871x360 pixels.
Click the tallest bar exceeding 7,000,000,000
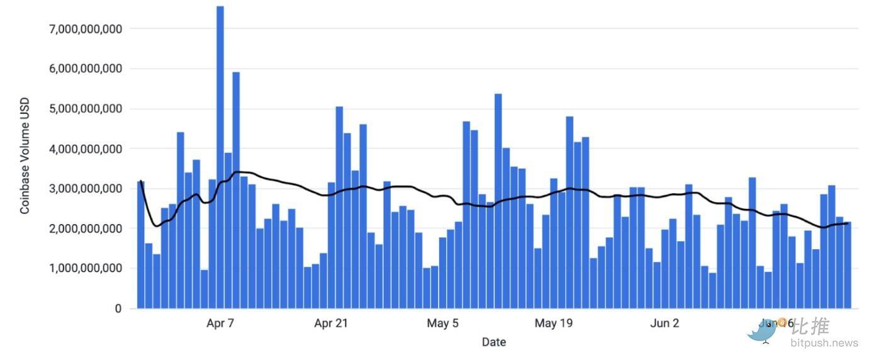coord(220,157)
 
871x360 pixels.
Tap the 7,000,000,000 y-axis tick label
coord(85,28)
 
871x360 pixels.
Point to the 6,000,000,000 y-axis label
coord(85,69)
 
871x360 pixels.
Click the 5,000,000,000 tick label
coord(85,109)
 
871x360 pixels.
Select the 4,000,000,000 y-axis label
coord(85,149)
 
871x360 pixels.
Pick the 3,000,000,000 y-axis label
coord(85,189)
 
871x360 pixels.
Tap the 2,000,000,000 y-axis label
coord(85,229)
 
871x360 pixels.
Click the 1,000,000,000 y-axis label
coord(85,269)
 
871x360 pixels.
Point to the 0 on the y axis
coord(118,309)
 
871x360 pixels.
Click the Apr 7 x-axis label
coord(220,324)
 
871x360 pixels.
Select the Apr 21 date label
coord(331,324)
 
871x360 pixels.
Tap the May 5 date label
coord(442,324)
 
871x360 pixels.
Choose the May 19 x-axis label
coord(554,324)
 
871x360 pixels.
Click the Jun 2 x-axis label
coord(665,324)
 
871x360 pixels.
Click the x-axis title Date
coord(493,342)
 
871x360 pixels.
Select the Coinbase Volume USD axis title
coord(25,155)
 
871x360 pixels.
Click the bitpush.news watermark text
coord(824,344)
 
